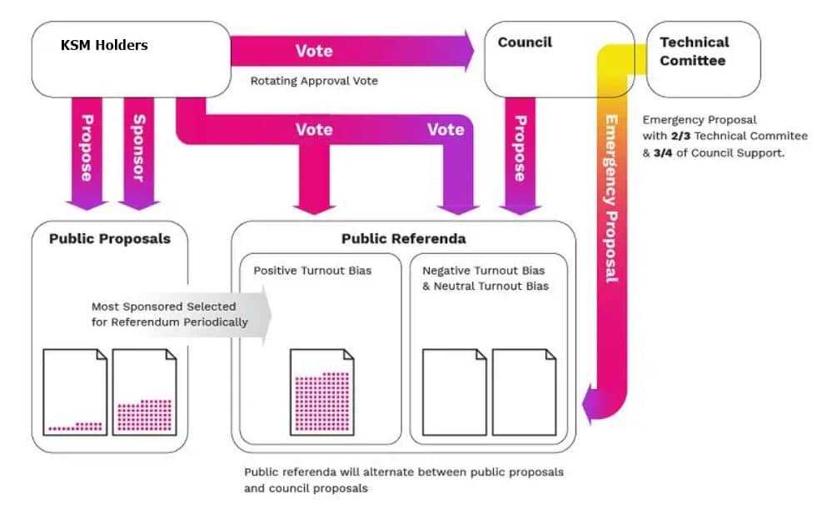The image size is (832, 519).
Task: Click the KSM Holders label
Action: tap(104, 45)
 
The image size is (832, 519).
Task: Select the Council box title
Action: tap(525, 42)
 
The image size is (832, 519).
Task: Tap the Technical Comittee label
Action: tap(694, 51)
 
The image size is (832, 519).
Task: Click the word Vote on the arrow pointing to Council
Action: tap(314, 51)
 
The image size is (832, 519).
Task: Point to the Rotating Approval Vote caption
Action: tap(314, 81)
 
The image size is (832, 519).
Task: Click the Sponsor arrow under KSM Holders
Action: tap(138, 147)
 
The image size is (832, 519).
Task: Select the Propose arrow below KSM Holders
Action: tap(87, 147)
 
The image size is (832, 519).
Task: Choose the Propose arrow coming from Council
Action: tap(520, 147)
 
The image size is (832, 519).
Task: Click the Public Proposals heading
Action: tap(109, 238)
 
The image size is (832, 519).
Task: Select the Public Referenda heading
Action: tap(403, 238)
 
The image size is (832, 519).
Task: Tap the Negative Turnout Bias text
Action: tap(483, 271)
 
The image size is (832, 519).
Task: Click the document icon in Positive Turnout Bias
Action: tap(322, 392)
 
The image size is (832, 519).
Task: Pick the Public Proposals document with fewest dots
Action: tap(76, 392)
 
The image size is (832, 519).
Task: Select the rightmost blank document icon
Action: tap(524, 392)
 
